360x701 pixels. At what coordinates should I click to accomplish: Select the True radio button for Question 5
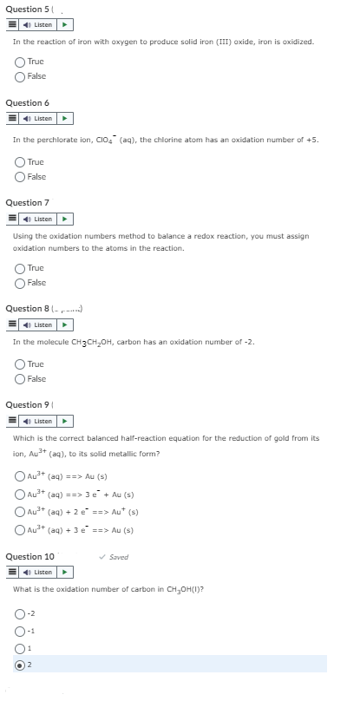coord(19,62)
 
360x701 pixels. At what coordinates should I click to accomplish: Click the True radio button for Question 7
coord(19,269)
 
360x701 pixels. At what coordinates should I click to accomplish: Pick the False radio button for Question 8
coord(19,378)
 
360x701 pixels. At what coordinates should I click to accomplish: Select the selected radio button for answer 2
coord(19,664)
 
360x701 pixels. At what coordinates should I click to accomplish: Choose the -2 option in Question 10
coord(19,613)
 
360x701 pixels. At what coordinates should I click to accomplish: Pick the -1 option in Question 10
coord(19,630)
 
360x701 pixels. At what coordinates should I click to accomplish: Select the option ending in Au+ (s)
coord(19,513)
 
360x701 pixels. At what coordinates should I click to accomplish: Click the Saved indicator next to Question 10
coord(116,557)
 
